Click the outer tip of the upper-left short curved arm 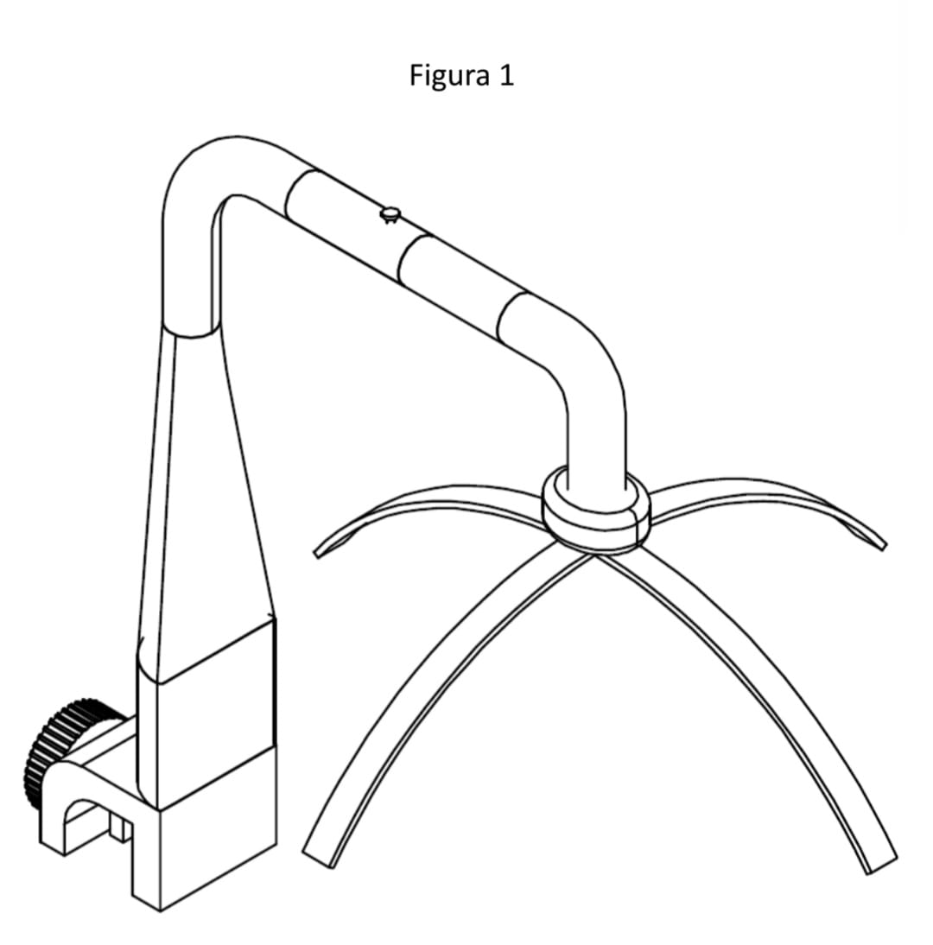point(317,553)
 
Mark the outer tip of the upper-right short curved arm point(884,546)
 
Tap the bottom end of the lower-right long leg point(882,866)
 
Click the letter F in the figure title point(415,76)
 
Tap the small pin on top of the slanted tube point(390,214)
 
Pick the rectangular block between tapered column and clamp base point(205,714)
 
